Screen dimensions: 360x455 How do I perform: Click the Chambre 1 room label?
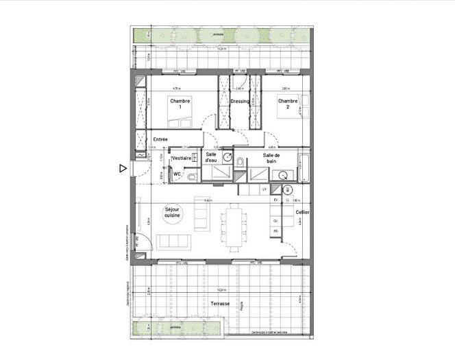click(x=180, y=104)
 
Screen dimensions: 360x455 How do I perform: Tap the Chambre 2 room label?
click(x=287, y=104)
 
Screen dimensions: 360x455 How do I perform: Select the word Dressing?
click(x=240, y=101)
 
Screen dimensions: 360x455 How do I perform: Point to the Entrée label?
click(x=161, y=139)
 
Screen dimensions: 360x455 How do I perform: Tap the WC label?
click(x=177, y=174)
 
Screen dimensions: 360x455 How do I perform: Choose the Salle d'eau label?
click(x=213, y=158)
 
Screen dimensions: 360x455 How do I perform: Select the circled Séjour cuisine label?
click(x=172, y=213)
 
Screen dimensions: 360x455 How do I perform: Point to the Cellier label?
click(x=302, y=213)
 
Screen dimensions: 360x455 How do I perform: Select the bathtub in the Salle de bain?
click(x=305, y=168)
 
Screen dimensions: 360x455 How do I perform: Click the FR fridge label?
click(x=275, y=232)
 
